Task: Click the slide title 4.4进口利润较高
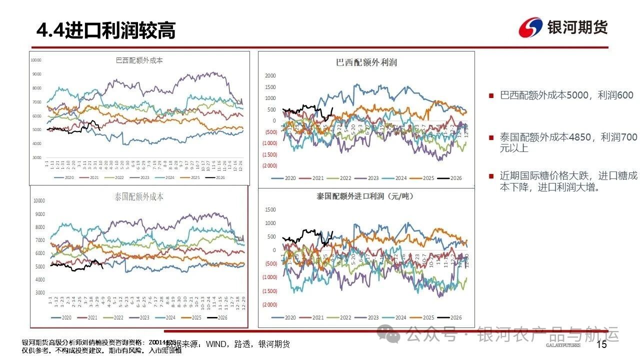pos(106,31)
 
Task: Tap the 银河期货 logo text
pos(577,27)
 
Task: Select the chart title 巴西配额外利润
pos(366,62)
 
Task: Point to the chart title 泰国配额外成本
pos(139,197)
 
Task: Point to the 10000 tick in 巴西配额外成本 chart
pos(36,60)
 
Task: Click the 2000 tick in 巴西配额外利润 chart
pos(270,76)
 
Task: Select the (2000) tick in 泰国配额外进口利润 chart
pos(270,304)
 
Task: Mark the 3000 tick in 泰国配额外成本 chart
pos(39,292)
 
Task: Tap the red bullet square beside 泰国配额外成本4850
pos(491,137)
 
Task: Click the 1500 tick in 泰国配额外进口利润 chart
pos(270,209)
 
